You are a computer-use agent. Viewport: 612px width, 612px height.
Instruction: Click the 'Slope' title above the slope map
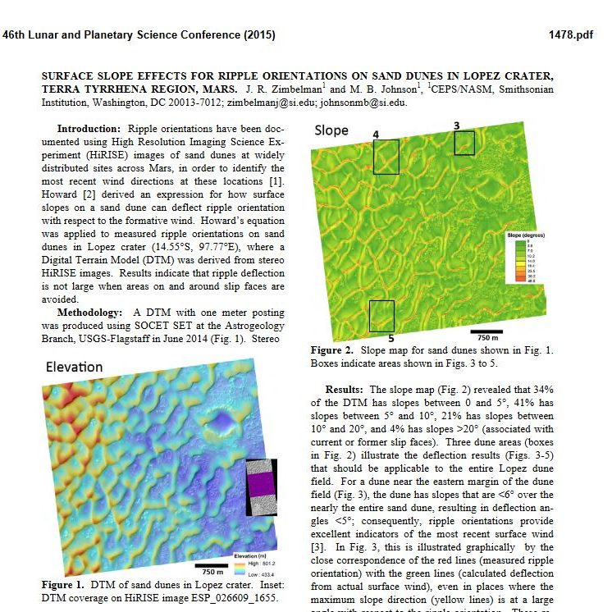pos(331,130)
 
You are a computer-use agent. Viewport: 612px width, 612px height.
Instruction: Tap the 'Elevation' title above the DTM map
pos(74,366)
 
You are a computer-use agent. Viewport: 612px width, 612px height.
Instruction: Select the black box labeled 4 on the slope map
pos(386,157)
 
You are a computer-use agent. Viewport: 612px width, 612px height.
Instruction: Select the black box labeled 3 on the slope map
pos(464,143)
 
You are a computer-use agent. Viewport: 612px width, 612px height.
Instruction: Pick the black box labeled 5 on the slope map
pos(381,316)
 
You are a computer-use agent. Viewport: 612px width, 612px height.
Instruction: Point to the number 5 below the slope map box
pos(390,338)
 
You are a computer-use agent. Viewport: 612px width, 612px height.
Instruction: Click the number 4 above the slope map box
pos(376,133)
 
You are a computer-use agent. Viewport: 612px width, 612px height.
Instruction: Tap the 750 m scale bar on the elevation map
pos(211,565)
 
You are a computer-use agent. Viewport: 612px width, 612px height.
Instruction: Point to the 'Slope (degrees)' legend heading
pos(526,235)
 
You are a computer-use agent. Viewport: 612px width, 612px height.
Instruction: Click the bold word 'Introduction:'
pos(89,129)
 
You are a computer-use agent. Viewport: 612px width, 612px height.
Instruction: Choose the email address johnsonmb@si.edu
pos(364,103)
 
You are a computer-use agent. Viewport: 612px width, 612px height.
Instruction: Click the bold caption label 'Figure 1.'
pos(64,584)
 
